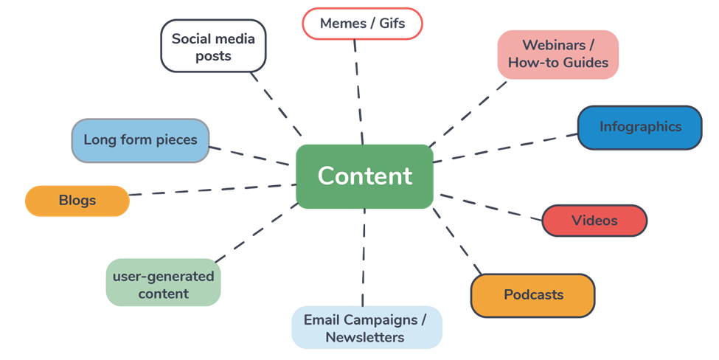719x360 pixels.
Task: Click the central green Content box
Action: (364, 176)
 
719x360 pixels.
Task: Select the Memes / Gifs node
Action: (363, 24)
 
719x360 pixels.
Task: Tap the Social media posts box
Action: (213, 46)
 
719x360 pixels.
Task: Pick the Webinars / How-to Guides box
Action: (558, 54)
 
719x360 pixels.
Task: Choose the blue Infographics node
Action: (639, 127)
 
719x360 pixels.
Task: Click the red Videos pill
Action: (594, 221)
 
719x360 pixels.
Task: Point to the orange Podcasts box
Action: (532, 295)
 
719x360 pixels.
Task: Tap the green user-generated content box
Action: (163, 284)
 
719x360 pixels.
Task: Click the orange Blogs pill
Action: (77, 201)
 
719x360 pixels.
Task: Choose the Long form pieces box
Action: (140, 139)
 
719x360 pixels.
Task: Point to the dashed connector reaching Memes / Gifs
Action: (358, 89)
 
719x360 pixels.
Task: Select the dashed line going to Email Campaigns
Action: (364, 258)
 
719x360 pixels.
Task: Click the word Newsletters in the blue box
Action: (365, 338)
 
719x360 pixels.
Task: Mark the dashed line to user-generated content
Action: (254, 232)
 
